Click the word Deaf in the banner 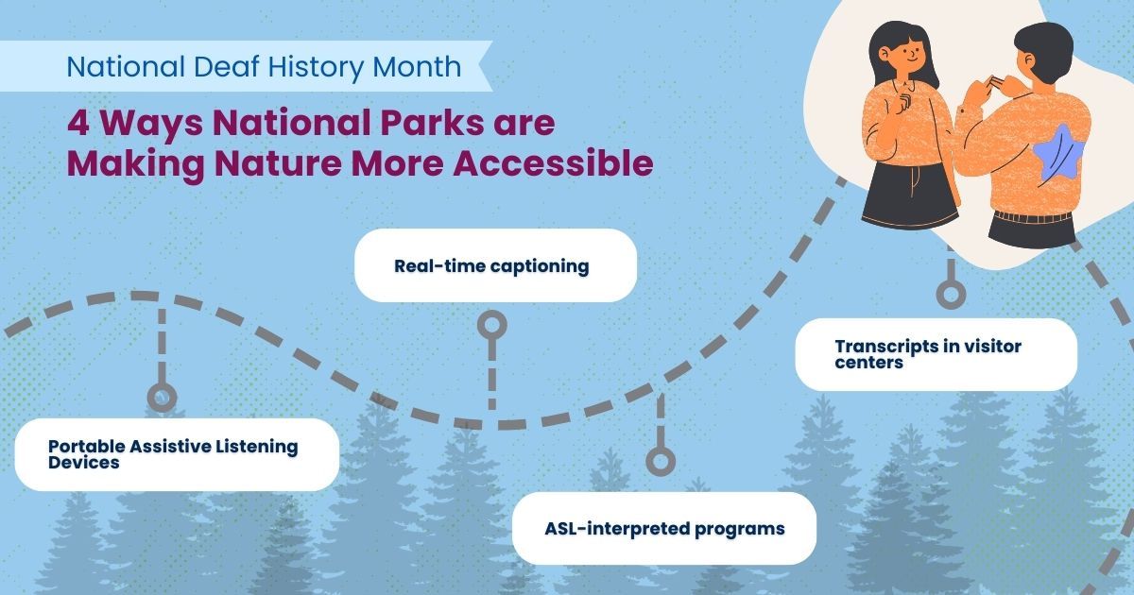point(226,66)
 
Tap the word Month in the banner point(417,66)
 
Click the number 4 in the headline point(77,123)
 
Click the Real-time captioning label point(491,266)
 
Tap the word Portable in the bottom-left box point(86,446)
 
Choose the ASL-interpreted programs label point(664,529)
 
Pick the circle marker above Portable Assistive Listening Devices point(162,398)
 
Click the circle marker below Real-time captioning point(492,324)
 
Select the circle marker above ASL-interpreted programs point(661,462)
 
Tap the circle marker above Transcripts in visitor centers point(952,295)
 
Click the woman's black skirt point(911,195)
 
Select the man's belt point(1033,217)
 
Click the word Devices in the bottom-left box point(84,463)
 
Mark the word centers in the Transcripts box point(869,363)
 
